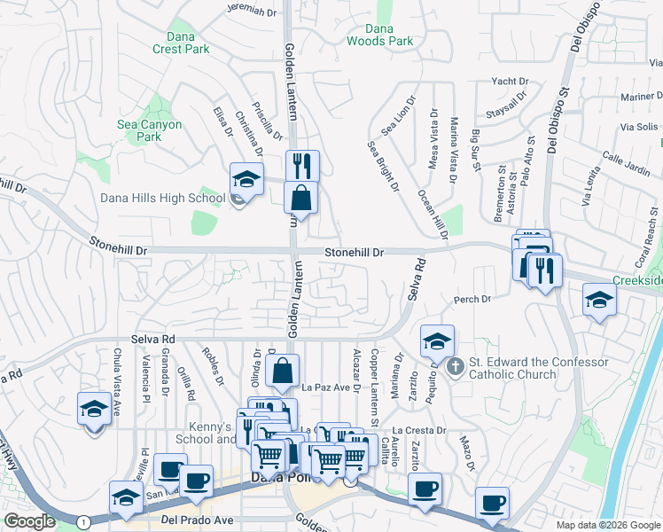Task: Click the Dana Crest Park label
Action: (x=187, y=43)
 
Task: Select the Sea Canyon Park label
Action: (x=150, y=130)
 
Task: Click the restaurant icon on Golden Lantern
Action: (x=301, y=166)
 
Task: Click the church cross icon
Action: (x=455, y=365)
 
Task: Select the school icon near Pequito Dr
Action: (x=436, y=340)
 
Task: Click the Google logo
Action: (x=29, y=520)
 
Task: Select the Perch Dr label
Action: (x=472, y=300)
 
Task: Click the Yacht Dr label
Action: (x=510, y=82)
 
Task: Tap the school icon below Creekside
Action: (x=599, y=301)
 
